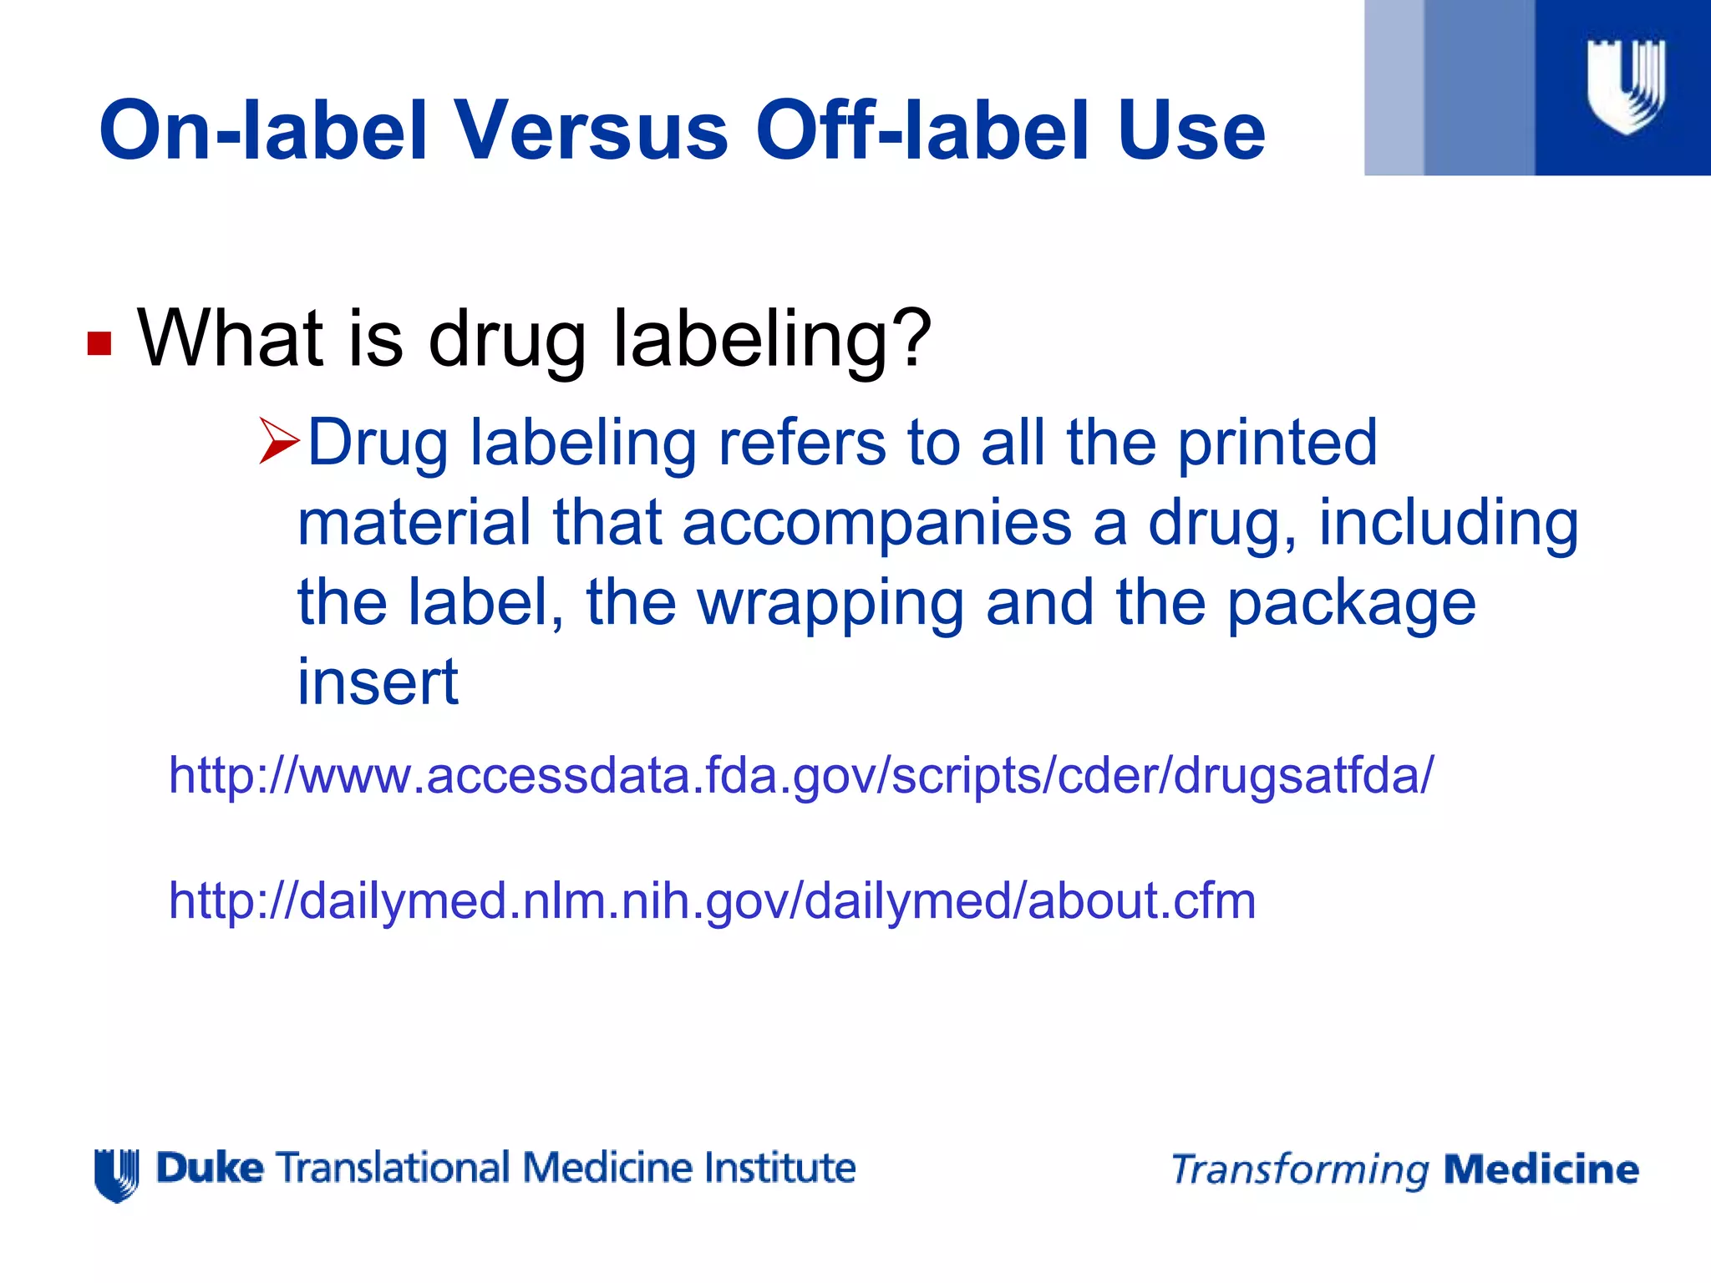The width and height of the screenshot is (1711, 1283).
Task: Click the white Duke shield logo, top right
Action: click(1625, 86)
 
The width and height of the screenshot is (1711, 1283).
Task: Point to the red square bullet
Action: click(99, 343)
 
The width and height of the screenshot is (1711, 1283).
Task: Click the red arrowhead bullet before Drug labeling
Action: click(279, 442)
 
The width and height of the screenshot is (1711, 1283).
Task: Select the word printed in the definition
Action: click(1277, 442)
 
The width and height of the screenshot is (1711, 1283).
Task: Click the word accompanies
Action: click(876, 522)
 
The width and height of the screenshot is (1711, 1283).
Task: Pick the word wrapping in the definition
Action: click(830, 602)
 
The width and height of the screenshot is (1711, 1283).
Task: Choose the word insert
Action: click(378, 682)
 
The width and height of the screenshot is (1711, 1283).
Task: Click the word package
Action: click(1351, 602)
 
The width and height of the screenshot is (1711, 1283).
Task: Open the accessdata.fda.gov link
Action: click(801, 775)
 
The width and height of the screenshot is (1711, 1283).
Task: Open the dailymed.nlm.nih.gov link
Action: click(712, 900)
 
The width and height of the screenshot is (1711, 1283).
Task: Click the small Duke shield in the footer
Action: click(117, 1174)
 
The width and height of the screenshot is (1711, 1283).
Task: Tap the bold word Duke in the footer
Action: click(211, 1168)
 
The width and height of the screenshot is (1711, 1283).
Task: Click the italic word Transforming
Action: click(1299, 1170)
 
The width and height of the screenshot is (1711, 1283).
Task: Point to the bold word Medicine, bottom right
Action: click(1541, 1169)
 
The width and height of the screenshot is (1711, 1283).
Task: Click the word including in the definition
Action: click(1449, 522)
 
